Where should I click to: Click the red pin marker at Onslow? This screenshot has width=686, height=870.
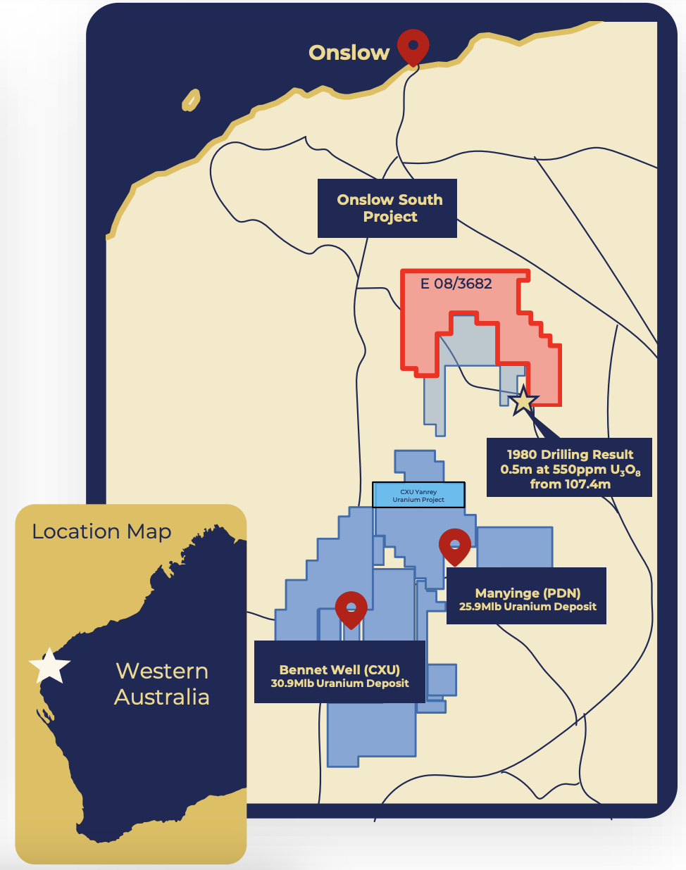(413, 45)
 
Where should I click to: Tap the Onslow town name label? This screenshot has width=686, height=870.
(349, 53)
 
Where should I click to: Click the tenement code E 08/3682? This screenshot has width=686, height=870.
(456, 284)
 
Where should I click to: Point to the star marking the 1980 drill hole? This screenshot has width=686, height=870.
(523, 401)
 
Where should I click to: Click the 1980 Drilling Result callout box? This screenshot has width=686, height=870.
(569, 468)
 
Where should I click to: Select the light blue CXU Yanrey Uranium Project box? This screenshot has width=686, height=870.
(418, 495)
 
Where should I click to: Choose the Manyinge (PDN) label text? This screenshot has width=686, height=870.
(528, 593)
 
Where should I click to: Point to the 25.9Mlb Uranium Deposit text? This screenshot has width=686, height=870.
(528, 607)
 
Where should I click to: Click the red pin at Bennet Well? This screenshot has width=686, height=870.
(351, 608)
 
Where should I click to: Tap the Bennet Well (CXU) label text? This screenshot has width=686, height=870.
(339, 669)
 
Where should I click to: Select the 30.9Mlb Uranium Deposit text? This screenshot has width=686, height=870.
(339, 683)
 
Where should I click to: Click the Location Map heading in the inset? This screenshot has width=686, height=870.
(101, 531)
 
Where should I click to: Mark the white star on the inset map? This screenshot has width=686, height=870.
(50, 665)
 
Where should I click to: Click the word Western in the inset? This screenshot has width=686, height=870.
(162, 671)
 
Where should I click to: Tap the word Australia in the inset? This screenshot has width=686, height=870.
(162, 697)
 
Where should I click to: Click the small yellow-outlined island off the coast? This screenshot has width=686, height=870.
(191, 100)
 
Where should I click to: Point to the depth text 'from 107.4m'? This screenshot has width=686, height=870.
(570, 484)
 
